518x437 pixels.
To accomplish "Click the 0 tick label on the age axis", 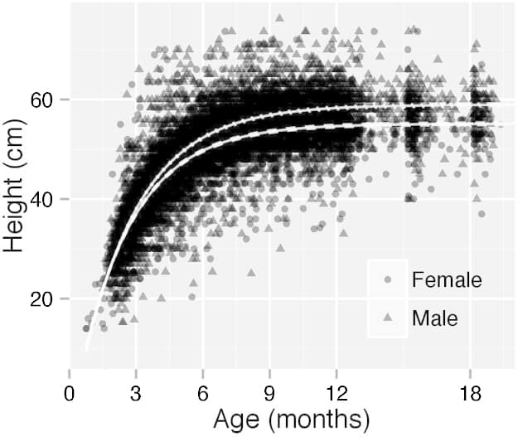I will (70, 391).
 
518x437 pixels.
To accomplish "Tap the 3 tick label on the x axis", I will (136, 391).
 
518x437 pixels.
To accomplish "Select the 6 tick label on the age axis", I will (203, 391).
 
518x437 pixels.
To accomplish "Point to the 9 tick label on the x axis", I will (269, 391).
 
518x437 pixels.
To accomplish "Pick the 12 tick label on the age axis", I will (336, 391).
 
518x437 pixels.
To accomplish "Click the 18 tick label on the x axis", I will (469, 391).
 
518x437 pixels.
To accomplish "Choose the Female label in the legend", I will (447, 280).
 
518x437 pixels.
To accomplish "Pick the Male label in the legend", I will (435, 317).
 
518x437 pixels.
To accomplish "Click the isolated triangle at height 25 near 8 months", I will (251, 272).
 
